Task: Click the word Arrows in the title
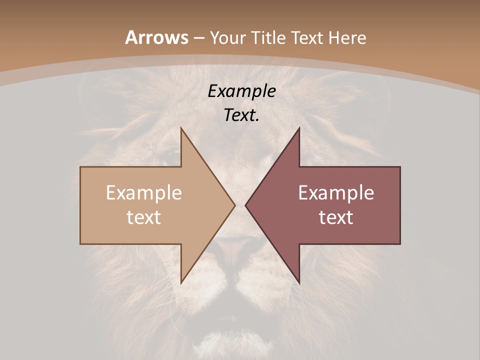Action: [x=157, y=37]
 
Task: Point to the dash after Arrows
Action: [x=198, y=38]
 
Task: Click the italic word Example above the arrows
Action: [x=242, y=91]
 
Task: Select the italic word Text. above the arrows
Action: [x=242, y=115]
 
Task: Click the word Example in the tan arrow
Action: [x=143, y=193]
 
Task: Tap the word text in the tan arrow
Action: [x=143, y=217]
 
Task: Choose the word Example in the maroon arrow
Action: [x=336, y=193]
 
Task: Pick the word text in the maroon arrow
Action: [x=336, y=217]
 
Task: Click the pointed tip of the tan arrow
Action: [x=234, y=205]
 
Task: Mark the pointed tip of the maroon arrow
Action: [x=245, y=205]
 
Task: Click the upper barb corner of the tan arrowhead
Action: [x=181, y=128]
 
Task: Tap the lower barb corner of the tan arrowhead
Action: [x=181, y=283]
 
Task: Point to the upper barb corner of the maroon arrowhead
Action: [x=299, y=128]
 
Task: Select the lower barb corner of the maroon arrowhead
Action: [x=299, y=283]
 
